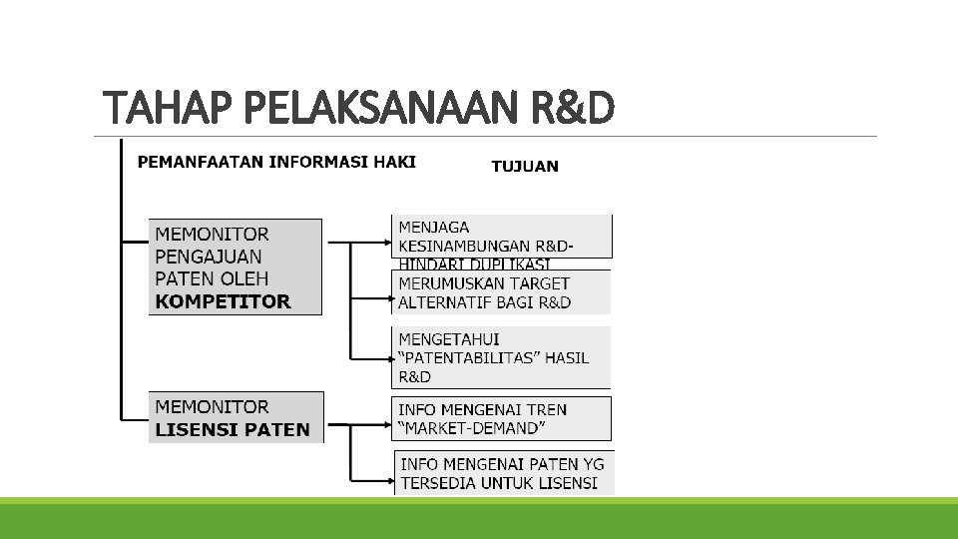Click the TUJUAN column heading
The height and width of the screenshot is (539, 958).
[525, 167]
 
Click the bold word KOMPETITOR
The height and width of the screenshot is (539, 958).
[223, 300]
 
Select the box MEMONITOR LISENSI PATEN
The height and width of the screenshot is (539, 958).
[236, 418]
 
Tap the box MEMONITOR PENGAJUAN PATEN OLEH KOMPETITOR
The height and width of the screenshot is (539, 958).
[236, 268]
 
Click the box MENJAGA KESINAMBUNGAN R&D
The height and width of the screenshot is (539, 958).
[501, 238]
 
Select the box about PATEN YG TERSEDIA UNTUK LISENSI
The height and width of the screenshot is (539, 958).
[504, 473]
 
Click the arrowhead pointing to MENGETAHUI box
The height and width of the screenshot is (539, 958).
[391, 357]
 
